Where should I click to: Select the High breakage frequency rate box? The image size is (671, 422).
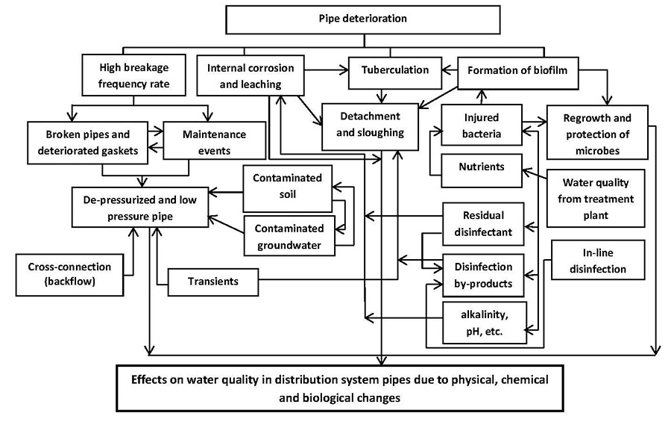pos(133,75)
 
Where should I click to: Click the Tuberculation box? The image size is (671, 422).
pos(395,70)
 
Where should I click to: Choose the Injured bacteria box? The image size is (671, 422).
pos(482,126)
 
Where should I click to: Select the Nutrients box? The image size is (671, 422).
pos(481,167)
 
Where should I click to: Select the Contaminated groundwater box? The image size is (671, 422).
pos(287,235)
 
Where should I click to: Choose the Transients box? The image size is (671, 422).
pos(213,282)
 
